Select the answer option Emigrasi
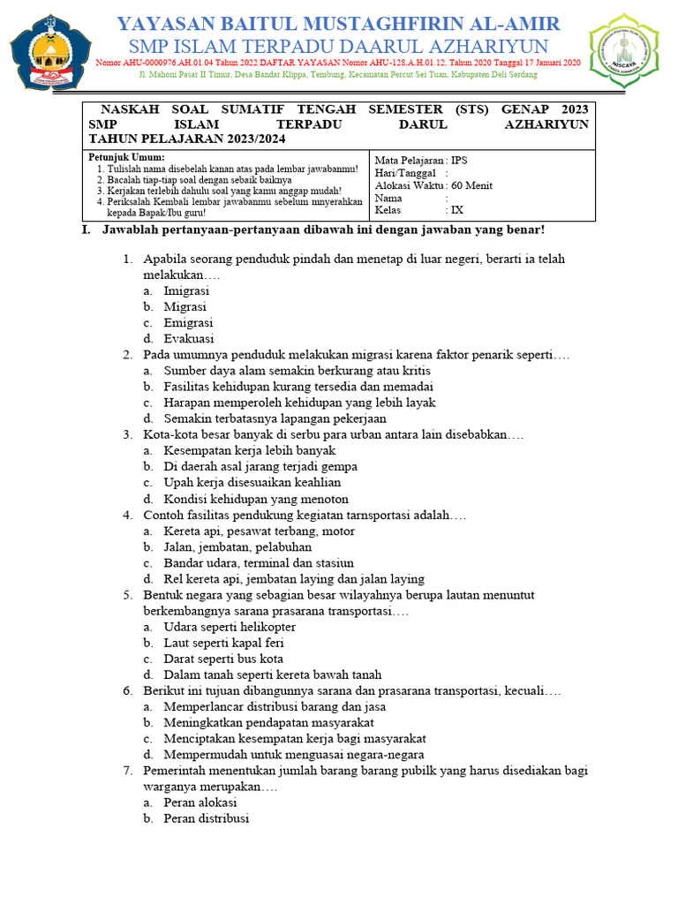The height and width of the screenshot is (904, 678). [188, 322]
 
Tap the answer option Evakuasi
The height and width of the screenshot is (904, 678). [188, 338]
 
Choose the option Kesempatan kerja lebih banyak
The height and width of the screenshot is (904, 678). [237, 450]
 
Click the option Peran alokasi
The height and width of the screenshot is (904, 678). [200, 802]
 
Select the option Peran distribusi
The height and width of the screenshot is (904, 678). [207, 818]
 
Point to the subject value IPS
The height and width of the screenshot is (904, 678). [460, 161]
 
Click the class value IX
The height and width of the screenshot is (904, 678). [457, 210]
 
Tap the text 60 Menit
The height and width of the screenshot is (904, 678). [471, 185]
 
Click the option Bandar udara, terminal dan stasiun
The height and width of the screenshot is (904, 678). [259, 562]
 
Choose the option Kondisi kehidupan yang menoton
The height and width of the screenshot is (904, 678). [256, 498]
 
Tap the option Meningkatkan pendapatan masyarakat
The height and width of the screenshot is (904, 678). [262, 722]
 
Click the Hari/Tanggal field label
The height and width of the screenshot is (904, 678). [405, 173]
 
